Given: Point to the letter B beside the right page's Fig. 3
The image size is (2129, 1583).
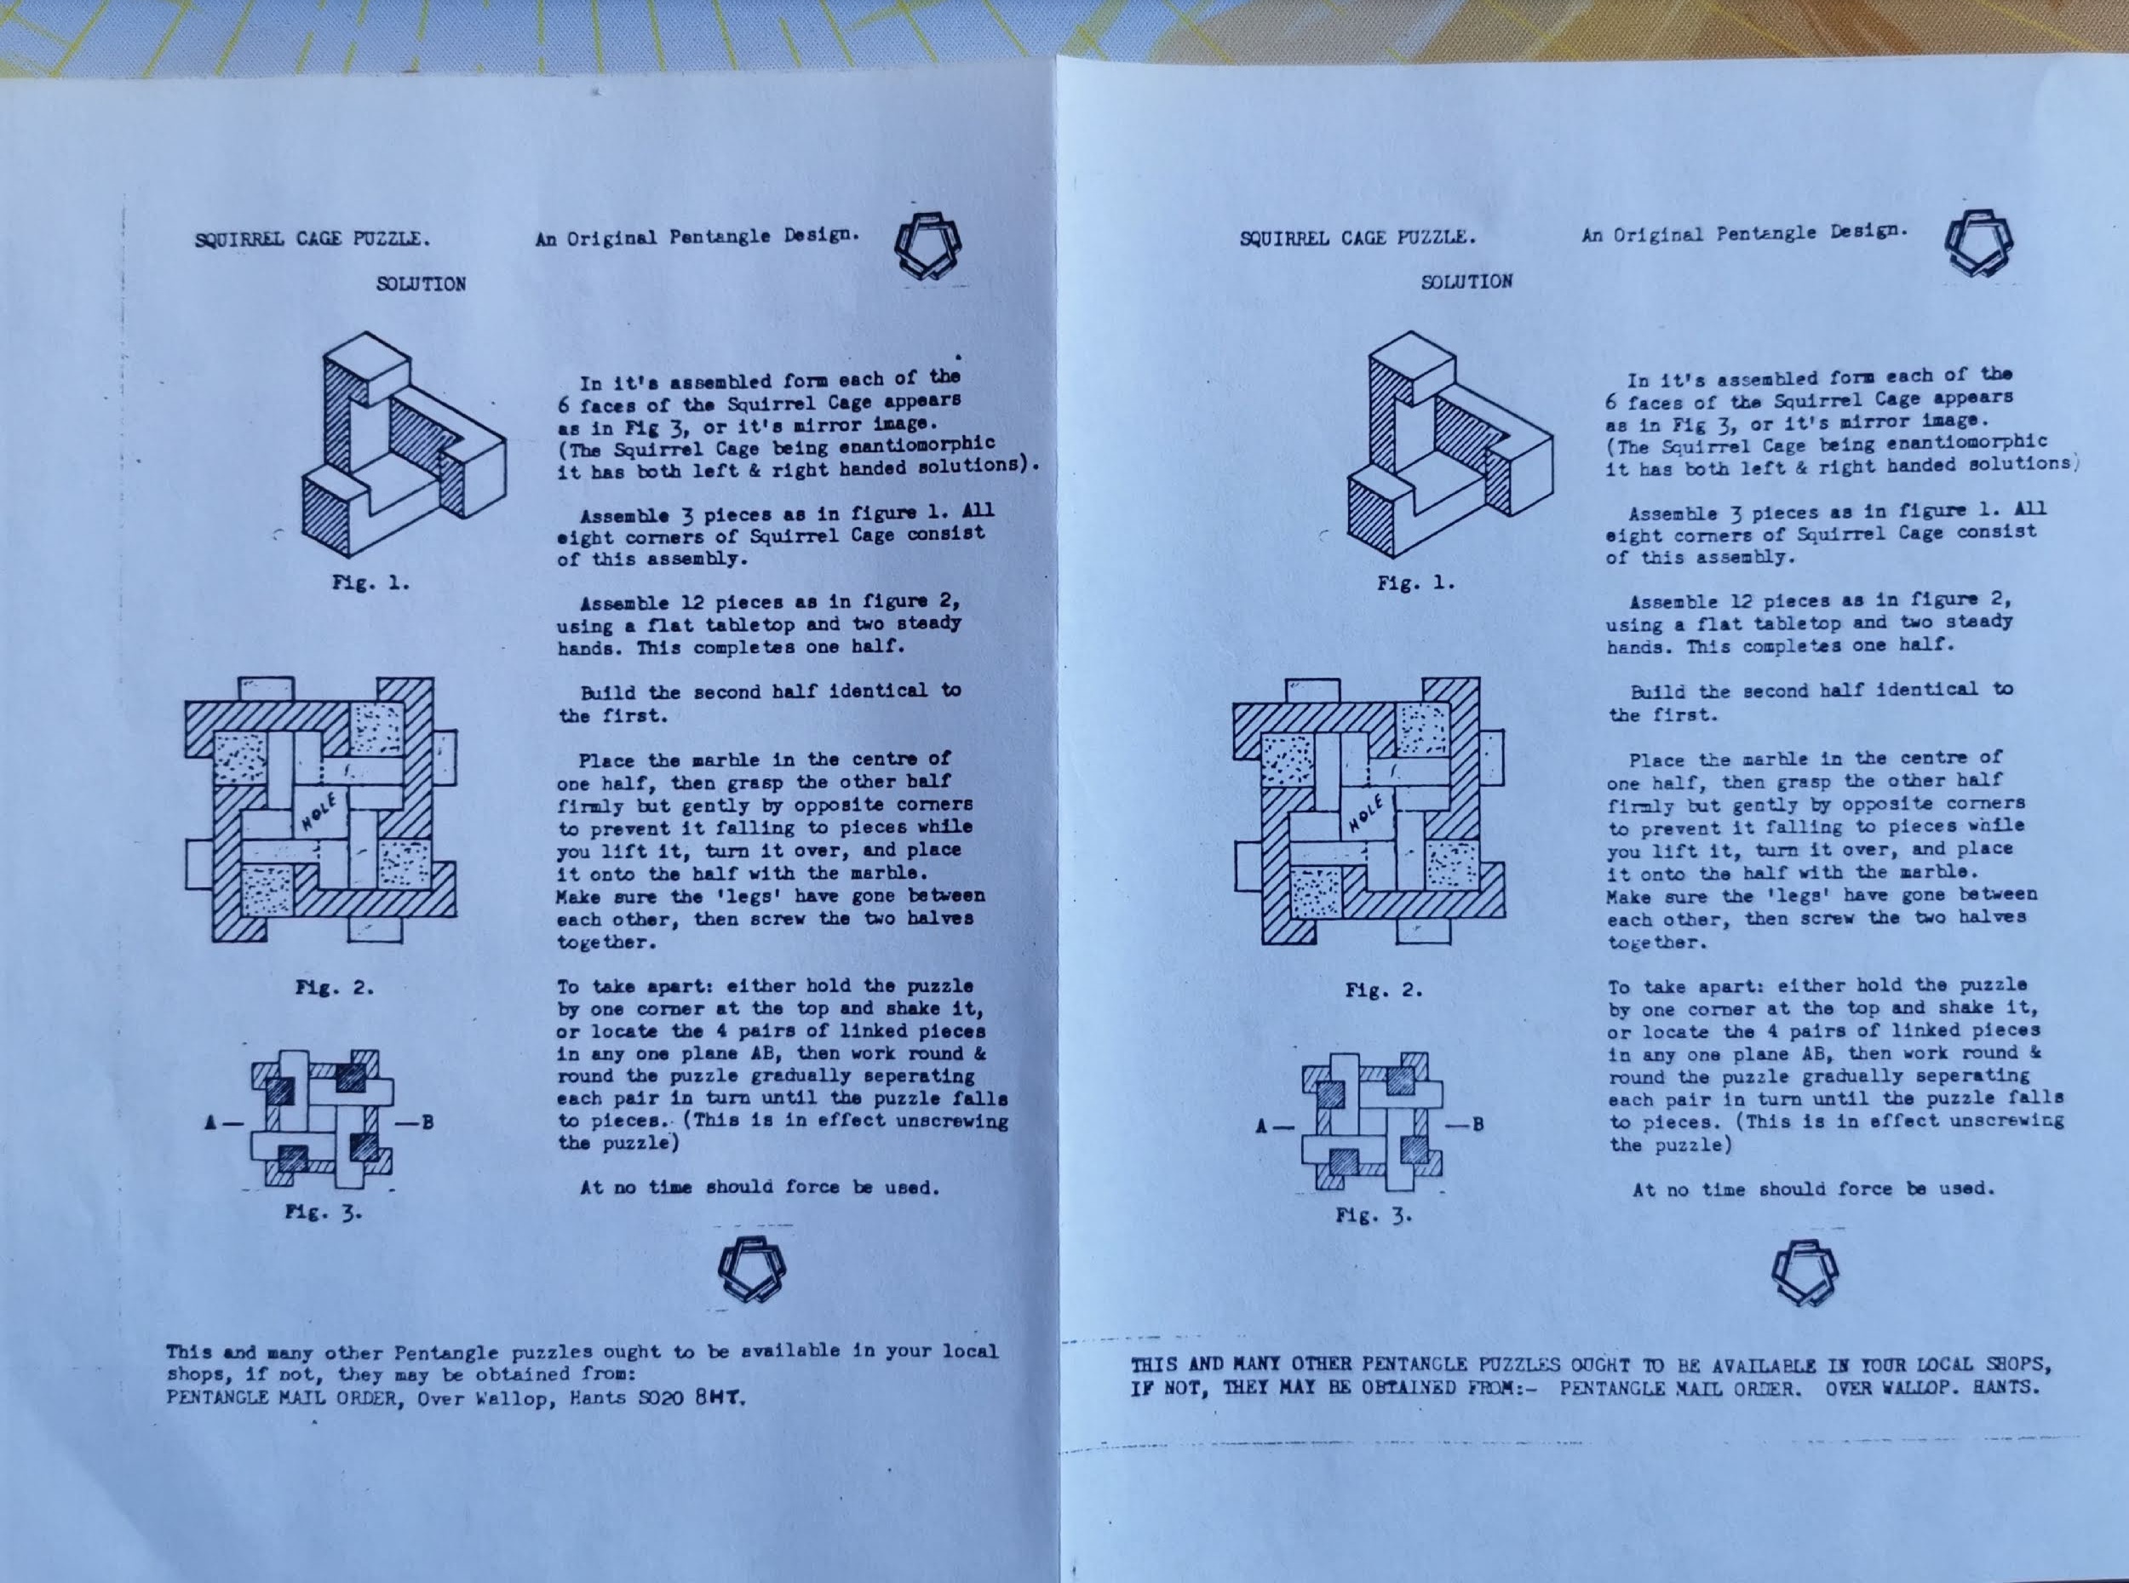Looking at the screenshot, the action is (x=1478, y=1124).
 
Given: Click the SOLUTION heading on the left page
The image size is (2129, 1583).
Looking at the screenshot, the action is (x=422, y=284).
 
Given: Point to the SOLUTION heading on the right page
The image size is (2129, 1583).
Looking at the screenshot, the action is (x=1467, y=282).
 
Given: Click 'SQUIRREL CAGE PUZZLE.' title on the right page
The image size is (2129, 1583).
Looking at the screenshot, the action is (x=1357, y=238).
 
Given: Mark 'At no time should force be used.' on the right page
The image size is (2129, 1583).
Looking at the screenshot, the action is (x=1814, y=1190).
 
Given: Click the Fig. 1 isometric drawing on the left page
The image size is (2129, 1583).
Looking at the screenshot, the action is (x=404, y=445).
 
